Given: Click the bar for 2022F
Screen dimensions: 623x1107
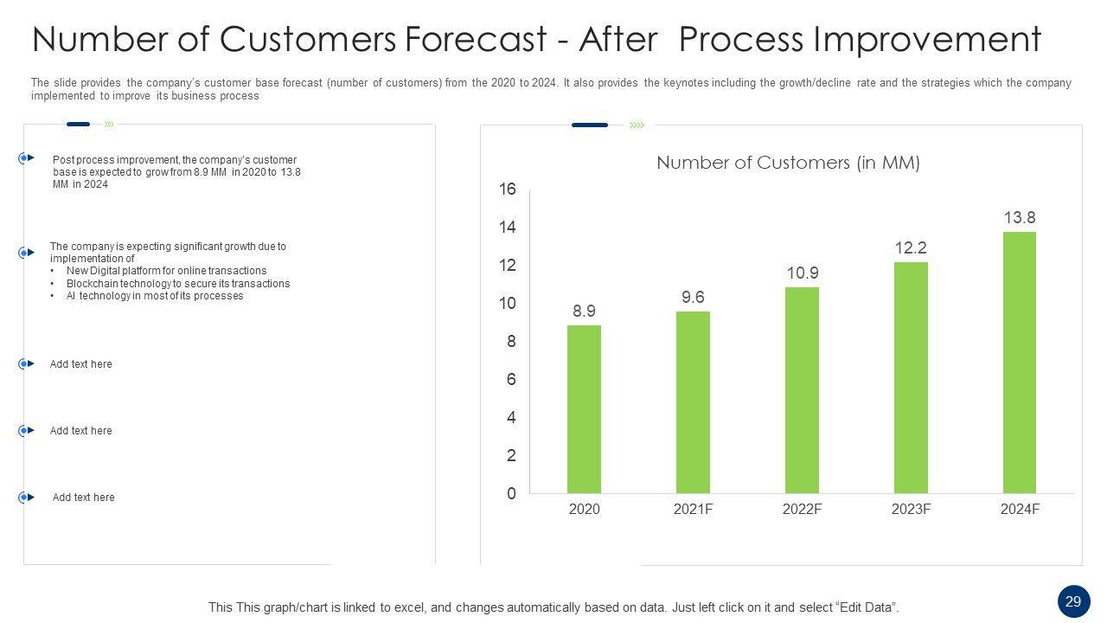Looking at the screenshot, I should tap(802, 390).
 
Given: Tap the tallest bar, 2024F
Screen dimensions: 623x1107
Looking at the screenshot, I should tap(1020, 363).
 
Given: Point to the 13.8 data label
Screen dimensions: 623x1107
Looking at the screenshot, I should tap(1020, 218).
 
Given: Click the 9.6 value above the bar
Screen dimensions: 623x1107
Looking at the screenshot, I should tap(693, 298).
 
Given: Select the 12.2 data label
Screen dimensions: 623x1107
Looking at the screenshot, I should tap(911, 248).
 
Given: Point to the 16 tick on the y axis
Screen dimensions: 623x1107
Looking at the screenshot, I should tap(507, 189).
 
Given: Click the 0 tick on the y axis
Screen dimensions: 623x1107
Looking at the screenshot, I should tap(511, 494).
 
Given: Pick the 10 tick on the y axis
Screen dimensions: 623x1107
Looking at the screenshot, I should tap(507, 304).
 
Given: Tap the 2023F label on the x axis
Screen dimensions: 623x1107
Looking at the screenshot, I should tap(911, 510).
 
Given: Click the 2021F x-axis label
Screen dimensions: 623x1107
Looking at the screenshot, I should tap(693, 510).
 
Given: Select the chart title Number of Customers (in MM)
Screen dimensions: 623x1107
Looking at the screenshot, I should tap(788, 163).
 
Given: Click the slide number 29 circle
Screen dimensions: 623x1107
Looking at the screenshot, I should tap(1073, 601).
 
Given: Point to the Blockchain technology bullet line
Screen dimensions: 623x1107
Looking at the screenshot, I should tap(177, 284).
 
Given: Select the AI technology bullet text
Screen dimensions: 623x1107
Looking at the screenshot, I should tap(155, 296).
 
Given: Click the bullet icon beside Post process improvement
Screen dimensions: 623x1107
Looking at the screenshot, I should tap(26, 158).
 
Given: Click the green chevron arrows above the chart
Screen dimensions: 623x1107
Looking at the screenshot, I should tap(637, 125).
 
